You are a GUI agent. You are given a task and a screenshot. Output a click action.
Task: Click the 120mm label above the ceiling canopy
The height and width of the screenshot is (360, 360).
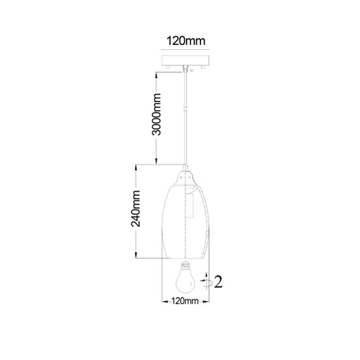(185, 41)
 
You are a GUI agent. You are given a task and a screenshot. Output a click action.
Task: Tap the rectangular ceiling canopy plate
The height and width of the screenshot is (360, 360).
(185, 60)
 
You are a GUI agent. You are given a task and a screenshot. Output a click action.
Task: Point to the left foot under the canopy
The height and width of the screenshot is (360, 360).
(168, 67)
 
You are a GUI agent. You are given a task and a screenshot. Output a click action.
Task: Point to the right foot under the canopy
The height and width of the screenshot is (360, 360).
(203, 67)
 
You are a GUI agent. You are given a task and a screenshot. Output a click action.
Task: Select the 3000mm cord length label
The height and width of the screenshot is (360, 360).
(157, 114)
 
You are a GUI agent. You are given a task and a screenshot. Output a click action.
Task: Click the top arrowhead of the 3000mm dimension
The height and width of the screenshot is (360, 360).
(156, 76)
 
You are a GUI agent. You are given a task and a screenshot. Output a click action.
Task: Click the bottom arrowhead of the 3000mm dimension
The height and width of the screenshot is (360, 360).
(156, 161)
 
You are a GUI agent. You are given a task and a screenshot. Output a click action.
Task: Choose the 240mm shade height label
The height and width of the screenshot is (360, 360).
(136, 208)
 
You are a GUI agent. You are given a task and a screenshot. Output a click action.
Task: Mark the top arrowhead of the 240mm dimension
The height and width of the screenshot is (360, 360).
(136, 167)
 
